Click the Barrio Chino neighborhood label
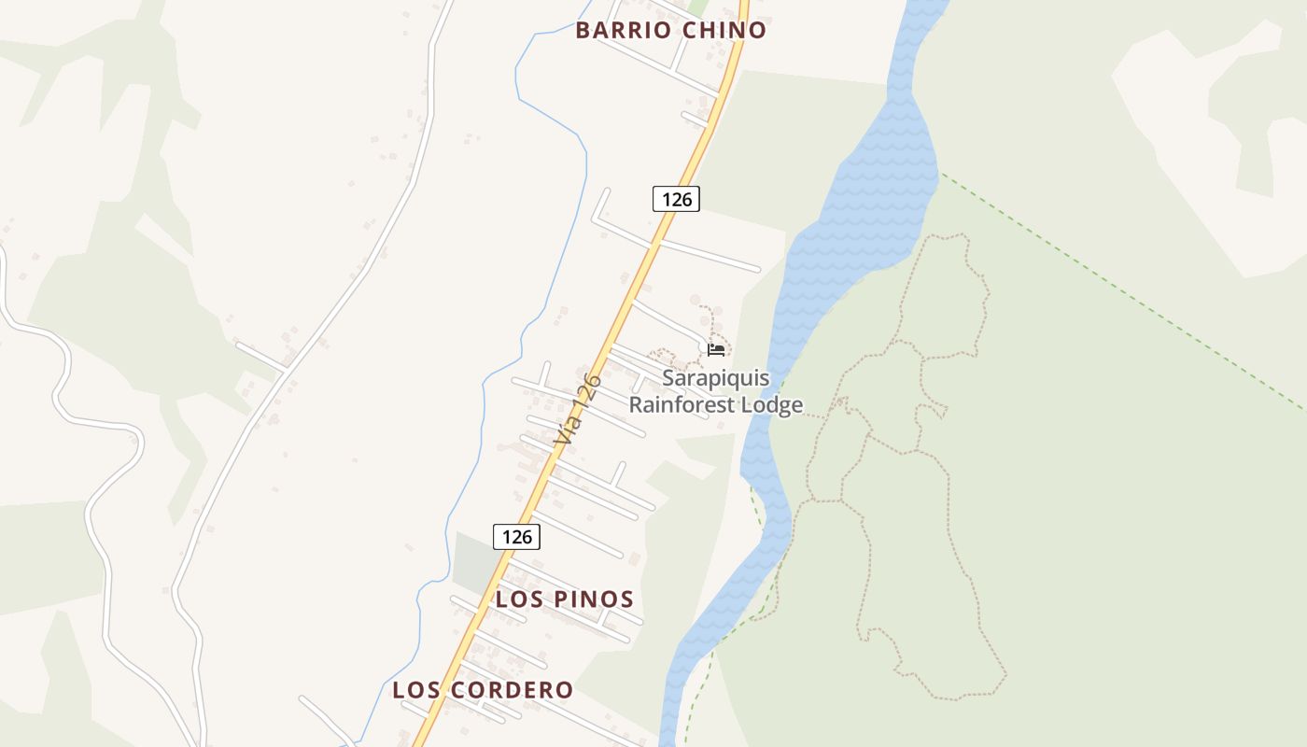tap(670, 30)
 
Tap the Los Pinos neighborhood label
tap(565, 599)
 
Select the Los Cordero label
tap(483, 690)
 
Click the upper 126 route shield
tap(676, 199)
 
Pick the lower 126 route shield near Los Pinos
tap(516, 536)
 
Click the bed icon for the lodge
tap(716, 349)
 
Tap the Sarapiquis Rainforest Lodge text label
tap(716, 391)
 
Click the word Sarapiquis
tap(716, 378)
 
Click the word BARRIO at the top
tap(623, 30)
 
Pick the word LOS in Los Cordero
tap(412, 690)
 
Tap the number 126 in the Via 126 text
tap(587, 391)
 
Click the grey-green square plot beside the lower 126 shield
tap(474, 560)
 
